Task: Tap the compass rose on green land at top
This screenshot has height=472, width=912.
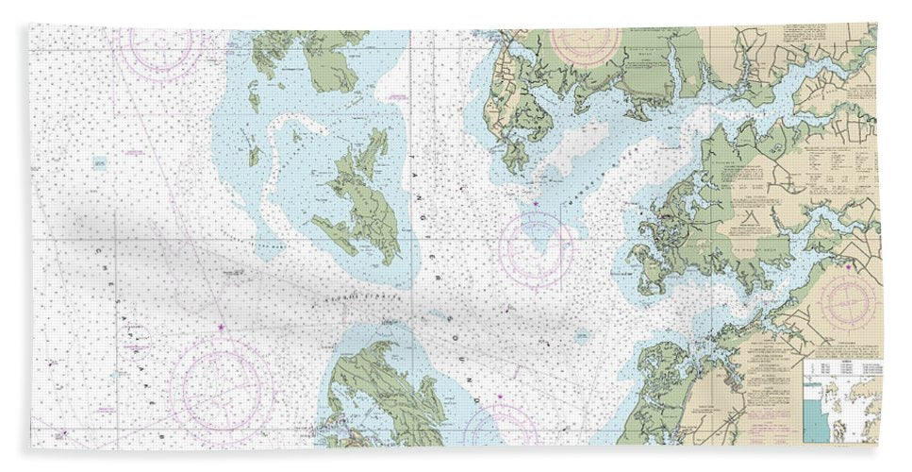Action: pyautogui.click(x=585, y=42)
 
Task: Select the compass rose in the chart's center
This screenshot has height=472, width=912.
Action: pyautogui.click(x=536, y=248)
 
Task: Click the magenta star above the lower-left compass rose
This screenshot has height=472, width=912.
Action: pyautogui.click(x=222, y=328)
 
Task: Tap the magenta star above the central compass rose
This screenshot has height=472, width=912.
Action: pyautogui.click(x=536, y=205)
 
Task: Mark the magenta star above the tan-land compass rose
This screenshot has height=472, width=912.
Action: pyautogui.click(x=849, y=267)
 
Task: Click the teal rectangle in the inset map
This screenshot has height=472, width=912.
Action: pyautogui.click(x=812, y=416)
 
